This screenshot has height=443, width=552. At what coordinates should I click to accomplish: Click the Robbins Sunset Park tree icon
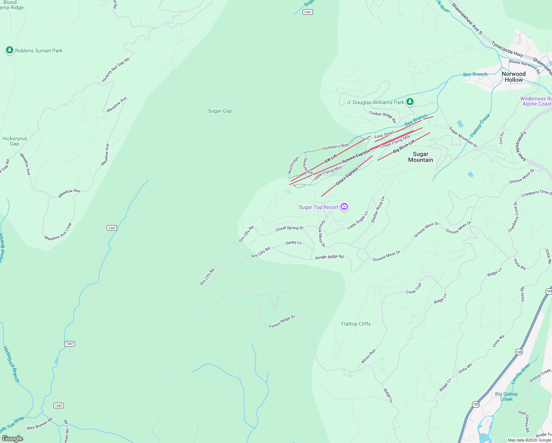(x=10, y=50)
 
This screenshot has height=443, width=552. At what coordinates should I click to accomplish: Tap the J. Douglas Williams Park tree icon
(x=410, y=102)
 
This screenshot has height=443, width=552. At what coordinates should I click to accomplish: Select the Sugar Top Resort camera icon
(x=344, y=207)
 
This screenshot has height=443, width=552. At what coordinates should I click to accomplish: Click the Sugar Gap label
(x=220, y=111)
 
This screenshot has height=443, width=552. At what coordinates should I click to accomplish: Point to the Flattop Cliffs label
(x=356, y=324)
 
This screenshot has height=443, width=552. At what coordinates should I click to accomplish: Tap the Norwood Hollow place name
(x=514, y=77)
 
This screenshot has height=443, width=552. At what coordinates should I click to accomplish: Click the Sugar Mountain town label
(x=420, y=157)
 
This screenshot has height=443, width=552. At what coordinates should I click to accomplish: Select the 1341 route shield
(x=308, y=12)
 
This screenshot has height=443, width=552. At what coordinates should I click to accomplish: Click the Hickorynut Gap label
(x=14, y=141)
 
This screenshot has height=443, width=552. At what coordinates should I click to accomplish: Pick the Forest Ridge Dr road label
(x=282, y=322)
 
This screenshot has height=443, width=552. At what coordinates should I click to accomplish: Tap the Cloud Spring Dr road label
(x=290, y=229)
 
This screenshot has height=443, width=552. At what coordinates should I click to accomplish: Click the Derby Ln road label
(x=294, y=243)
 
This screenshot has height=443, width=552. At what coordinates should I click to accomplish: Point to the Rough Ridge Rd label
(x=329, y=257)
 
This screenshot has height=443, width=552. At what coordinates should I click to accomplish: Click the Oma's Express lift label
(x=346, y=177)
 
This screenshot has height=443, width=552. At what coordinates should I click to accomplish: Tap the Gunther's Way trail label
(x=336, y=147)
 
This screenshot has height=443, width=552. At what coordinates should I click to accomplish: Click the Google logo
(x=13, y=438)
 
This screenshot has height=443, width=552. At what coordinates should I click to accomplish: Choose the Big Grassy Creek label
(x=506, y=396)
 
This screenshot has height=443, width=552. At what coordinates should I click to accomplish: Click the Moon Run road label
(x=368, y=356)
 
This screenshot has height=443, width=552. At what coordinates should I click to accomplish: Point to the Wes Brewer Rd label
(x=39, y=424)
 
